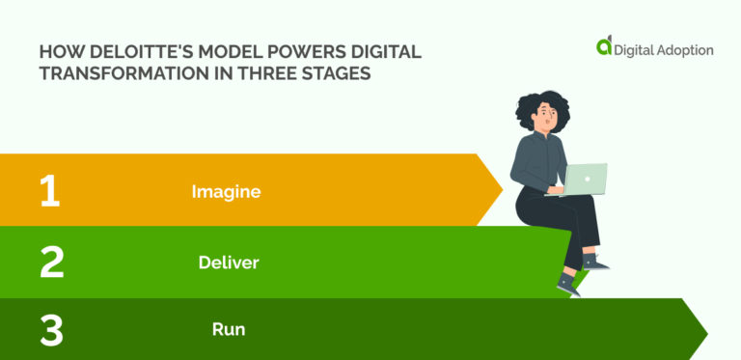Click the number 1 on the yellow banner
(49, 191)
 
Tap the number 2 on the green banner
(51, 262)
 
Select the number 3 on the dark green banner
(51, 330)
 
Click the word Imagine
(227, 191)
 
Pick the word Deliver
(229, 262)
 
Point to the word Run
(229, 329)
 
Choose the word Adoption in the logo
(680, 49)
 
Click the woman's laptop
(584, 180)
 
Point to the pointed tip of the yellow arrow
(502, 190)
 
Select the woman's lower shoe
(568, 285)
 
